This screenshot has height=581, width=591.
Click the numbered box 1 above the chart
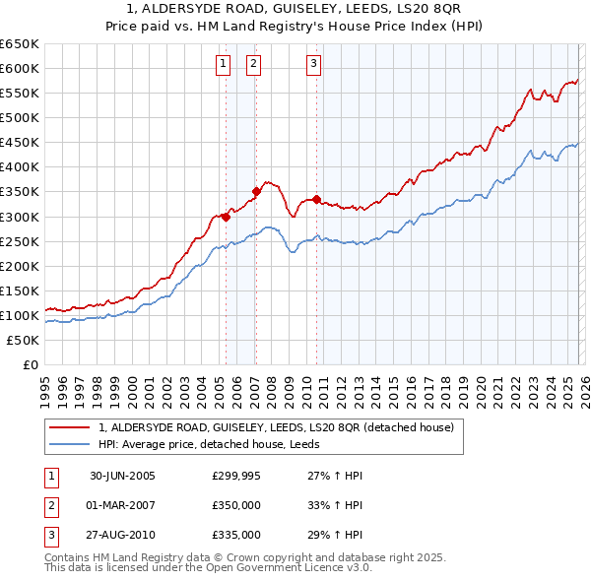click(x=223, y=65)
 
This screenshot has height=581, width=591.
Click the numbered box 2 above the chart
click(x=253, y=65)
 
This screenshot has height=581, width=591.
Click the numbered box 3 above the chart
click(x=314, y=65)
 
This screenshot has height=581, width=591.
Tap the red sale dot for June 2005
click(x=226, y=218)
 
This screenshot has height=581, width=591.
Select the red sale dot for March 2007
click(x=255, y=191)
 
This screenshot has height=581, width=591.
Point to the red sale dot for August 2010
click(x=316, y=199)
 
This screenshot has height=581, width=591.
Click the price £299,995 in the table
click(x=236, y=476)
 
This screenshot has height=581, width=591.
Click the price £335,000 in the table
click(x=236, y=535)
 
